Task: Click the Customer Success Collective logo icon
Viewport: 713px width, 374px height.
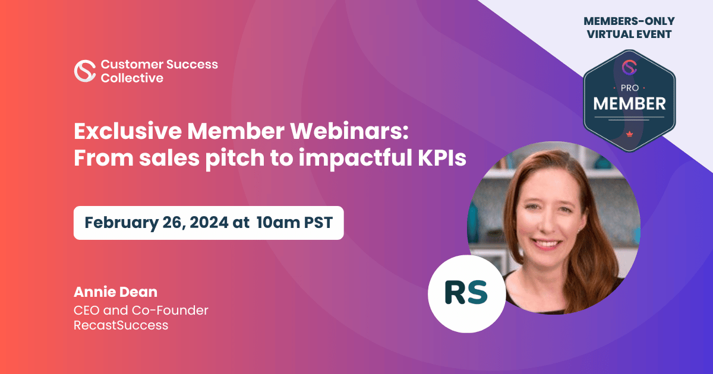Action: point(85,71)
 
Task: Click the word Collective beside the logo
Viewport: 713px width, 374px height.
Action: point(132,78)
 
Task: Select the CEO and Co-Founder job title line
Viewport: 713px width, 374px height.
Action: point(141,310)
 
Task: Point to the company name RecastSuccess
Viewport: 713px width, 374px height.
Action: point(121,325)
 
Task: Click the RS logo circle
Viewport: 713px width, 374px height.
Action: point(466,293)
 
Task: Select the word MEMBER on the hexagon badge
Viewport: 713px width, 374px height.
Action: point(630,104)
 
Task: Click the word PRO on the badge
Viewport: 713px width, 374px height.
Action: point(630,87)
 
